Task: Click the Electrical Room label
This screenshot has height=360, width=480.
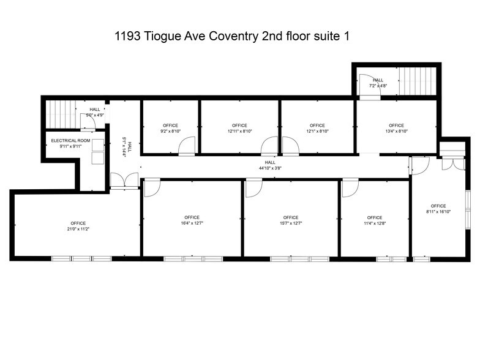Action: pos(70,141)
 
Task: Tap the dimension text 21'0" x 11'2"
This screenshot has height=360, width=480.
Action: pos(78,229)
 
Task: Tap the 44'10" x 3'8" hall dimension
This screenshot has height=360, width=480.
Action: pos(274,168)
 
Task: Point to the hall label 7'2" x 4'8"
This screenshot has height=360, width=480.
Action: pos(378,86)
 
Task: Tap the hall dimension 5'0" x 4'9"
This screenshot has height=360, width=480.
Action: pos(95,114)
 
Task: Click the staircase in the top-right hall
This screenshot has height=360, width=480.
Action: pos(416,80)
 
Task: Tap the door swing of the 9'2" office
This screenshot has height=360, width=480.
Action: pos(186,147)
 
